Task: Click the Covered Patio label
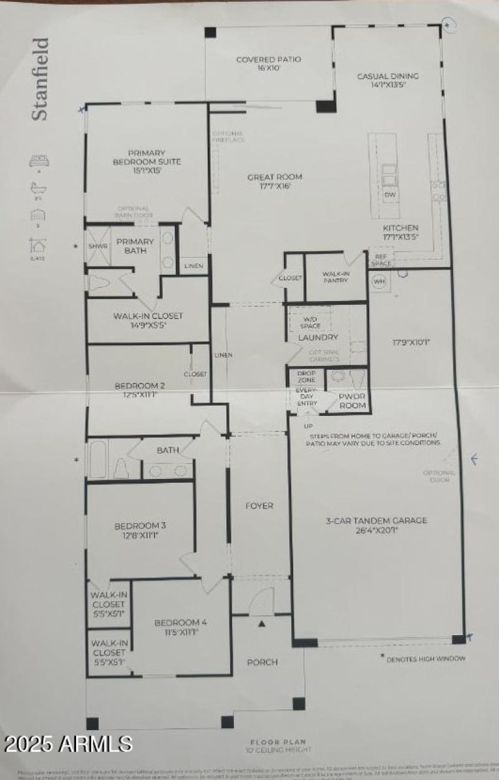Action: [x=268, y=64]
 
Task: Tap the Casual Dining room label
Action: [x=387, y=81]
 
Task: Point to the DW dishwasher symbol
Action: [x=390, y=195]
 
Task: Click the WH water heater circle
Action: [x=379, y=281]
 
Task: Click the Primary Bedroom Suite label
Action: [x=147, y=161]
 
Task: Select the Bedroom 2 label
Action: [x=140, y=390]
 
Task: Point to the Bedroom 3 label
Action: [x=140, y=530]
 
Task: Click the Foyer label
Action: [x=259, y=506]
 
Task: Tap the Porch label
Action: [x=262, y=662]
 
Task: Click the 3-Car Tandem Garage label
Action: [x=376, y=525]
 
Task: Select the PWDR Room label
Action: [x=352, y=400]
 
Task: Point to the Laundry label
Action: [x=317, y=338]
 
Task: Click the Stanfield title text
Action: [x=40, y=79]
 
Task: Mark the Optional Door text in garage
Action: [x=439, y=476]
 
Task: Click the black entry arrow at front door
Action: [x=262, y=623]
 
